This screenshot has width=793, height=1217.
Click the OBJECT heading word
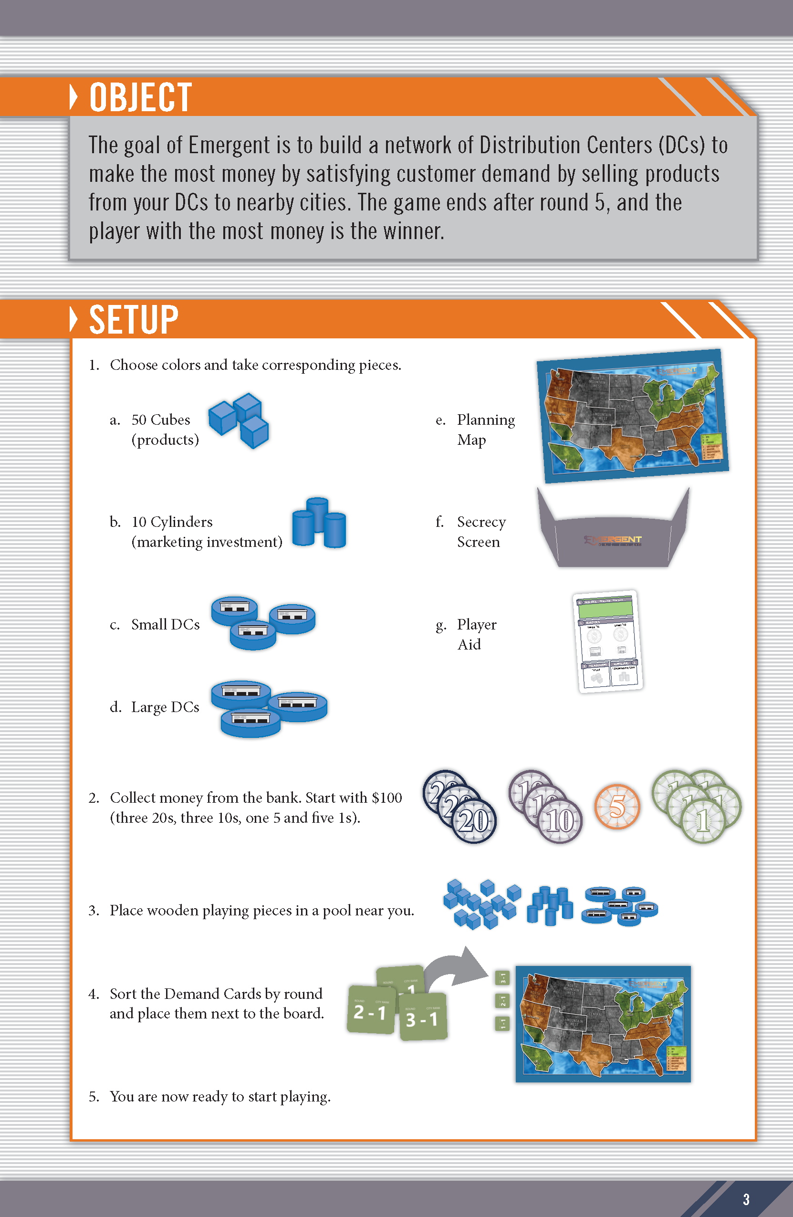point(141,97)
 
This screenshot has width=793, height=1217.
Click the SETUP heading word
point(134,320)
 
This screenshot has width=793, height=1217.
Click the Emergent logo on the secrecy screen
point(613,540)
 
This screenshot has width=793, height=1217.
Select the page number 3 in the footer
point(746,1199)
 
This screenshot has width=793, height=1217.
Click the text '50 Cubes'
point(160,420)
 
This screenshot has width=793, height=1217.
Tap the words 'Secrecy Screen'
point(480,532)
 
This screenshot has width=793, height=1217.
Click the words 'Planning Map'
point(485,430)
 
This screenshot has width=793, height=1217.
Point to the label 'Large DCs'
point(165,707)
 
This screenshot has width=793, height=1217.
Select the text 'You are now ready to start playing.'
point(220,1096)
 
